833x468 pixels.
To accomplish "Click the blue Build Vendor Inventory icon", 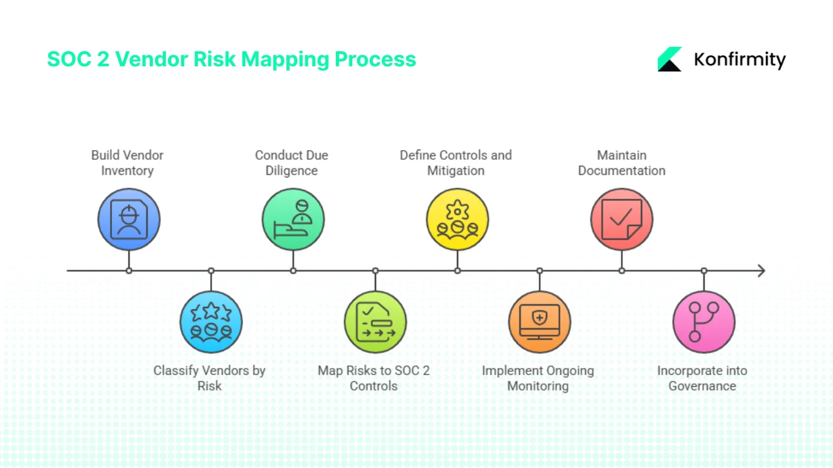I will [129, 220].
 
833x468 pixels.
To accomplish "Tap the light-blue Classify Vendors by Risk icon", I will [211, 322].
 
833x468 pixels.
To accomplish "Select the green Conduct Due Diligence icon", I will [293, 220].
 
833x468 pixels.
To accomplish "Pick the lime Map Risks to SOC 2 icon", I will [375, 322].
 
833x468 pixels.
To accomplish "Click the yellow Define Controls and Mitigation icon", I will [457, 220].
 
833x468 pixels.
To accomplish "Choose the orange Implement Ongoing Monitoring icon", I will [539, 322].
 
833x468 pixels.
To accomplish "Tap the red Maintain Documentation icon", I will [621, 220].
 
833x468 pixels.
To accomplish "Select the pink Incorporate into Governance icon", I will [703, 322].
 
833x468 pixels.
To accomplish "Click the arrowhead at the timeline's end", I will [761, 270].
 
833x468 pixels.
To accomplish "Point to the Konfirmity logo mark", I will [670, 59].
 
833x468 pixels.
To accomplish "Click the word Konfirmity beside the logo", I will [740, 60].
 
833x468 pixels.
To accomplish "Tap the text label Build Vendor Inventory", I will [127, 163].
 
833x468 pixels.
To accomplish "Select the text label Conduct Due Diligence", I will [292, 163].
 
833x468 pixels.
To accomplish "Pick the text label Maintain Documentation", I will [621, 163].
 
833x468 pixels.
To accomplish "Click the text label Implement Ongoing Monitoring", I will [538, 378].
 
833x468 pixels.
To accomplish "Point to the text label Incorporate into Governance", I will [702, 378].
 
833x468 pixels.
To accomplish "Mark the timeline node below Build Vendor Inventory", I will [129, 270].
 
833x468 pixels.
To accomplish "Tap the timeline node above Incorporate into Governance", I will [703, 270].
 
